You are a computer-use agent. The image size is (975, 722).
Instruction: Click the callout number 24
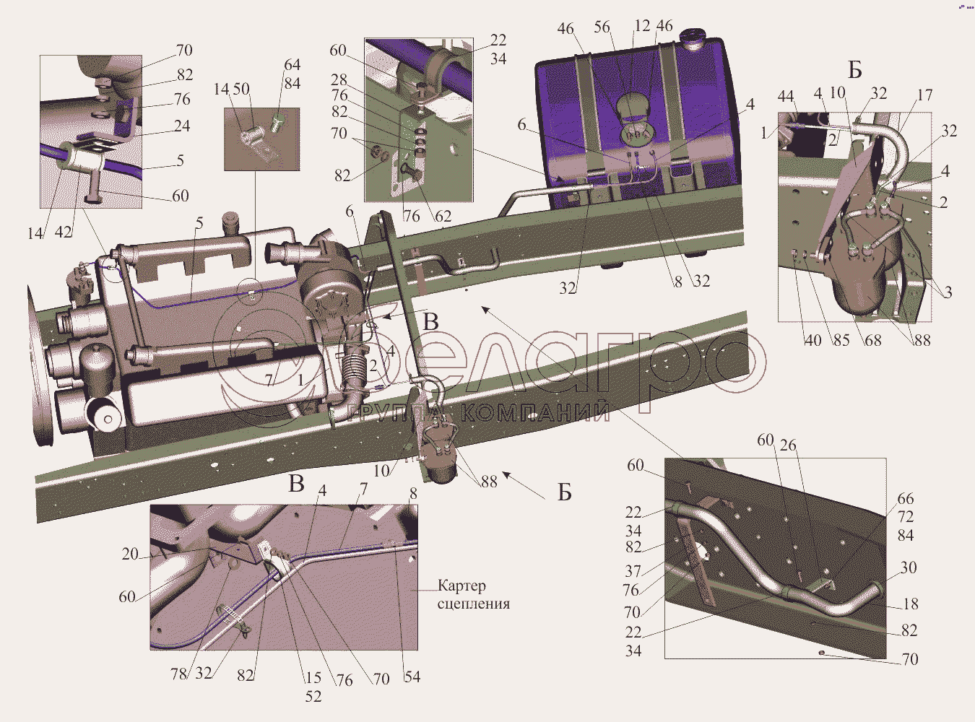click(x=181, y=126)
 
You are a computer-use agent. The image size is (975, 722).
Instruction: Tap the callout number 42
click(x=63, y=232)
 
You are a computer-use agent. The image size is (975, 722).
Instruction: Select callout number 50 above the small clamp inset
click(x=241, y=90)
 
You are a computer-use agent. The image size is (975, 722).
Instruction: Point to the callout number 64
click(x=292, y=65)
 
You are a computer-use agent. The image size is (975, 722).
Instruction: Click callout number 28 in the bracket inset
click(x=339, y=80)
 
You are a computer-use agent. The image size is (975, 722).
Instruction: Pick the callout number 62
click(x=443, y=216)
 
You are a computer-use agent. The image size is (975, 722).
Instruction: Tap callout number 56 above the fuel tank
click(x=602, y=27)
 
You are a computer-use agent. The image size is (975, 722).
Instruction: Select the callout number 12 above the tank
click(x=642, y=26)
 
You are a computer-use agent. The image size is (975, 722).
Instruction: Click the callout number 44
click(x=786, y=97)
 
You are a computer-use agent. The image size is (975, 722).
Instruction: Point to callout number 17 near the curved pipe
click(x=924, y=95)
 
